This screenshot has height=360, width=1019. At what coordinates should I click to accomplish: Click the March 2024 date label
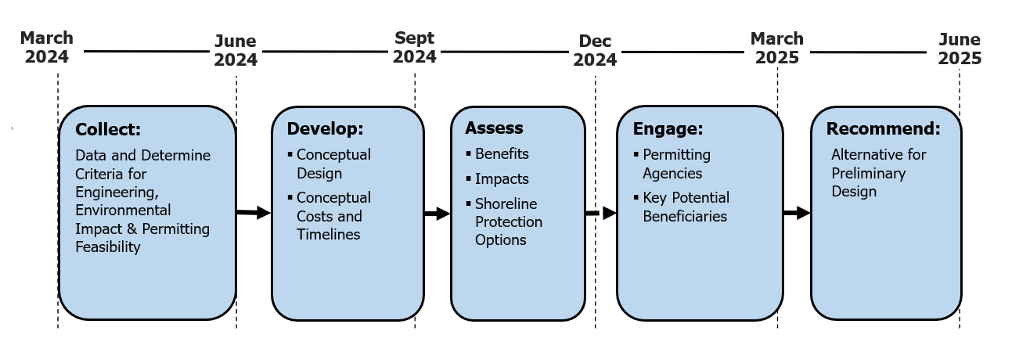(47, 47)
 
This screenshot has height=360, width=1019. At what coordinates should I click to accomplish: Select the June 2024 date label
(236, 50)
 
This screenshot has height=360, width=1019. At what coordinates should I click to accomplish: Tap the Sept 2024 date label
(415, 47)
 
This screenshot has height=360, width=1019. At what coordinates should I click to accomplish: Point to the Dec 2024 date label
(595, 50)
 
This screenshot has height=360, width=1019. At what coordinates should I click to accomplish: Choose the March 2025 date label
(777, 48)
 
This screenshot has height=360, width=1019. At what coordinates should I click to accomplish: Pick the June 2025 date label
(960, 49)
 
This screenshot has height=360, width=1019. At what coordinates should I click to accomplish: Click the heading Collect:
(108, 130)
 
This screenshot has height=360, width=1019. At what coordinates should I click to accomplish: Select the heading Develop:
(326, 129)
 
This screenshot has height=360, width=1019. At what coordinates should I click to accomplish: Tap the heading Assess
(494, 128)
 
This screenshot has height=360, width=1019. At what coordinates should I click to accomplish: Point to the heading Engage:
(668, 129)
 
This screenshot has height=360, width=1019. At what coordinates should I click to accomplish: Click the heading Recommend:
(883, 128)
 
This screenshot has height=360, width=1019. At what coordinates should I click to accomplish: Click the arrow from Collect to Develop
(254, 213)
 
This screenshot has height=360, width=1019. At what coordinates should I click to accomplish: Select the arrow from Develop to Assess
(437, 214)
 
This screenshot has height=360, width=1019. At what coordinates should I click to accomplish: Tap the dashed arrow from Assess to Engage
(601, 213)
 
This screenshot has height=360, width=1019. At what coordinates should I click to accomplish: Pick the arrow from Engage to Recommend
(797, 213)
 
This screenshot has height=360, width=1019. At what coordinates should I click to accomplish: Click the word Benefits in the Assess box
(502, 154)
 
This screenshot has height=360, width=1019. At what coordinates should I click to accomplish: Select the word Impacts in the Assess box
(502, 179)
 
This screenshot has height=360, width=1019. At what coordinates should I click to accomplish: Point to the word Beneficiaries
(685, 216)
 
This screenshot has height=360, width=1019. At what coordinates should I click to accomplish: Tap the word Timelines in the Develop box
(329, 234)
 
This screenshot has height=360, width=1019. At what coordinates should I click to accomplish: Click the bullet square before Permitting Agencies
(636, 155)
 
